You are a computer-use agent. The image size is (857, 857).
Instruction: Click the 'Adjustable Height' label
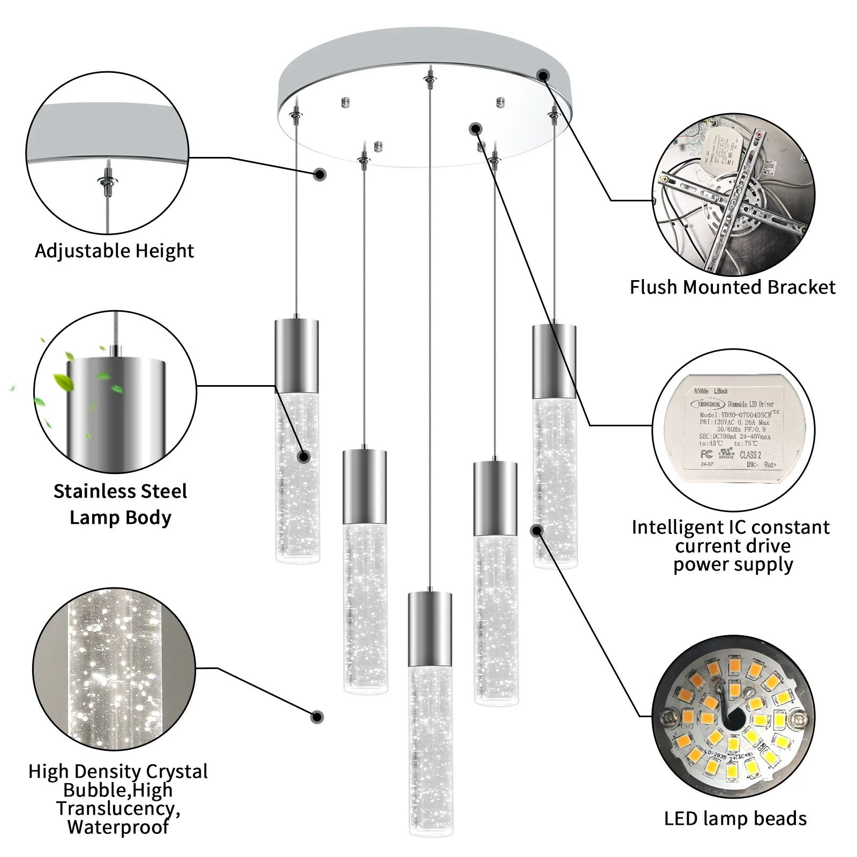click(114, 251)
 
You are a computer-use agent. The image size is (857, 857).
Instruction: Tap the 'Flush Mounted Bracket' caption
click(732, 287)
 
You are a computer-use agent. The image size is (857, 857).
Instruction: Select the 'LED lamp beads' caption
click(735, 818)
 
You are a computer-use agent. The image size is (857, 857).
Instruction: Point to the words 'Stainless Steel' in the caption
click(120, 491)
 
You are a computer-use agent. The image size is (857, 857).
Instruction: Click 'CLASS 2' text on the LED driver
click(750, 455)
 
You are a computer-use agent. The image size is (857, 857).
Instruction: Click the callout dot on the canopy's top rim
click(544, 76)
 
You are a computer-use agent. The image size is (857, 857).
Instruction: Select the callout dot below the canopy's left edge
click(320, 174)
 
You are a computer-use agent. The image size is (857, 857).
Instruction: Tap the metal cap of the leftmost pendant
click(297, 355)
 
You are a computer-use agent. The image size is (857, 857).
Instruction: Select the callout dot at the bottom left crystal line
click(317, 717)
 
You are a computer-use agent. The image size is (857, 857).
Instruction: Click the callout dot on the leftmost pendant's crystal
click(304, 457)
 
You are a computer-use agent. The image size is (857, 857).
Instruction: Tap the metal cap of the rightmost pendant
click(554, 360)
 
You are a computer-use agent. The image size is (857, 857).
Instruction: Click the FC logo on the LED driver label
click(706, 454)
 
